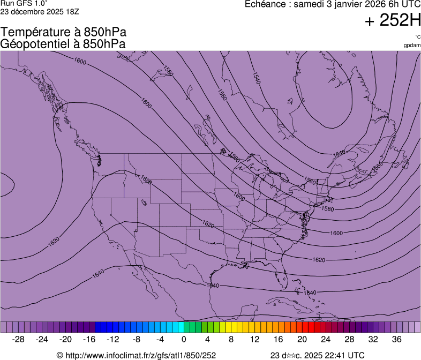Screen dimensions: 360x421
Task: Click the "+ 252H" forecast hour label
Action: pyautogui.click(x=393, y=21)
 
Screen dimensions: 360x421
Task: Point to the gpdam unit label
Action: pyautogui.click(x=412, y=45)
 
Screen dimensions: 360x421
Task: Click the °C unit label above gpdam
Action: pyautogui.click(x=417, y=37)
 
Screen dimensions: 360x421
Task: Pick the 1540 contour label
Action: pyautogui.click(x=256, y=78)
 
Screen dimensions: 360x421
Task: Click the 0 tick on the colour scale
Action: pyautogui.click(x=184, y=339)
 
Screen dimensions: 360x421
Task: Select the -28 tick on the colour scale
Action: pyautogui.click(x=19, y=339)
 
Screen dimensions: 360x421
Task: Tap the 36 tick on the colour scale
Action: pyautogui.click(x=397, y=339)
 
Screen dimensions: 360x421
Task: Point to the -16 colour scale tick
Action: pyautogui.click(x=89, y=339)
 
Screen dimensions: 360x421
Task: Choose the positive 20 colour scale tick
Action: pyautogui.click(x=302, y=339)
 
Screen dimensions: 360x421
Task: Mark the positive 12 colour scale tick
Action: pyautogui.click(x=255, y=339)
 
